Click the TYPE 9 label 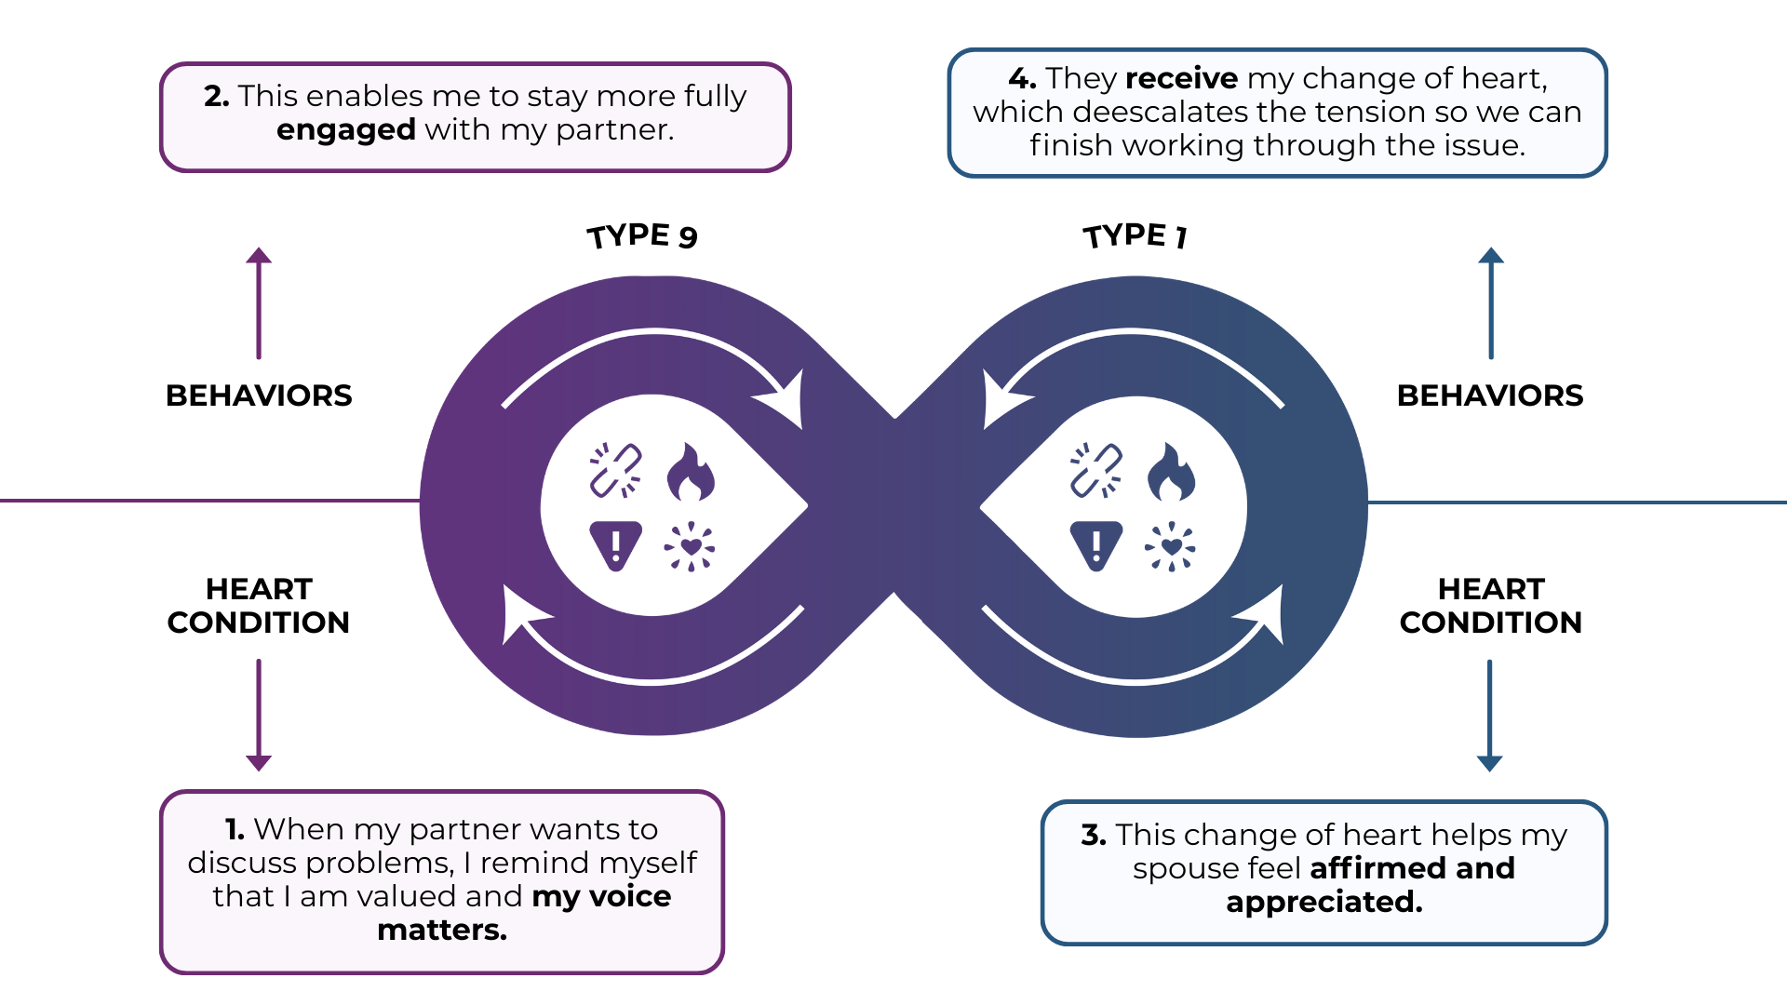click(x=642, y=235)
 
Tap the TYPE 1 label click(x=1135, y=235)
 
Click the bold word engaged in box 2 click(x=346, y=129)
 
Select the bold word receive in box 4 click(x=1181, y=78)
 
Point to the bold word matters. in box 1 click(x=442, y=930)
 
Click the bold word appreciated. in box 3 click(x=1324, y=902)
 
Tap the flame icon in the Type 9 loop click(x=691, y=472)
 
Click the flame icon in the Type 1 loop click(x=1171, y=472)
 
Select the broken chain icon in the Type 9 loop click(x=615, y=470)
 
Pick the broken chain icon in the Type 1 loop click(x=1095, y=470)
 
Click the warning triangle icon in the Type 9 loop click(x=615, y=544)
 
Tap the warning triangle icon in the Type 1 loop click(x=1095, y=544)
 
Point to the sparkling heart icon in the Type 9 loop click(x=690, y=546)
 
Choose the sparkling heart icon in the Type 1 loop click(x=1171, y=546)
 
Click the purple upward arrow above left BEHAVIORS click(x=259, y=302)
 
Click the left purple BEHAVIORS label click(x=259, y=395)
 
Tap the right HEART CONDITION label click(x=1490, y=606)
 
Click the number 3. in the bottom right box click(x=1094, y=836)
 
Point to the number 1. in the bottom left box click(x=235, y=829)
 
